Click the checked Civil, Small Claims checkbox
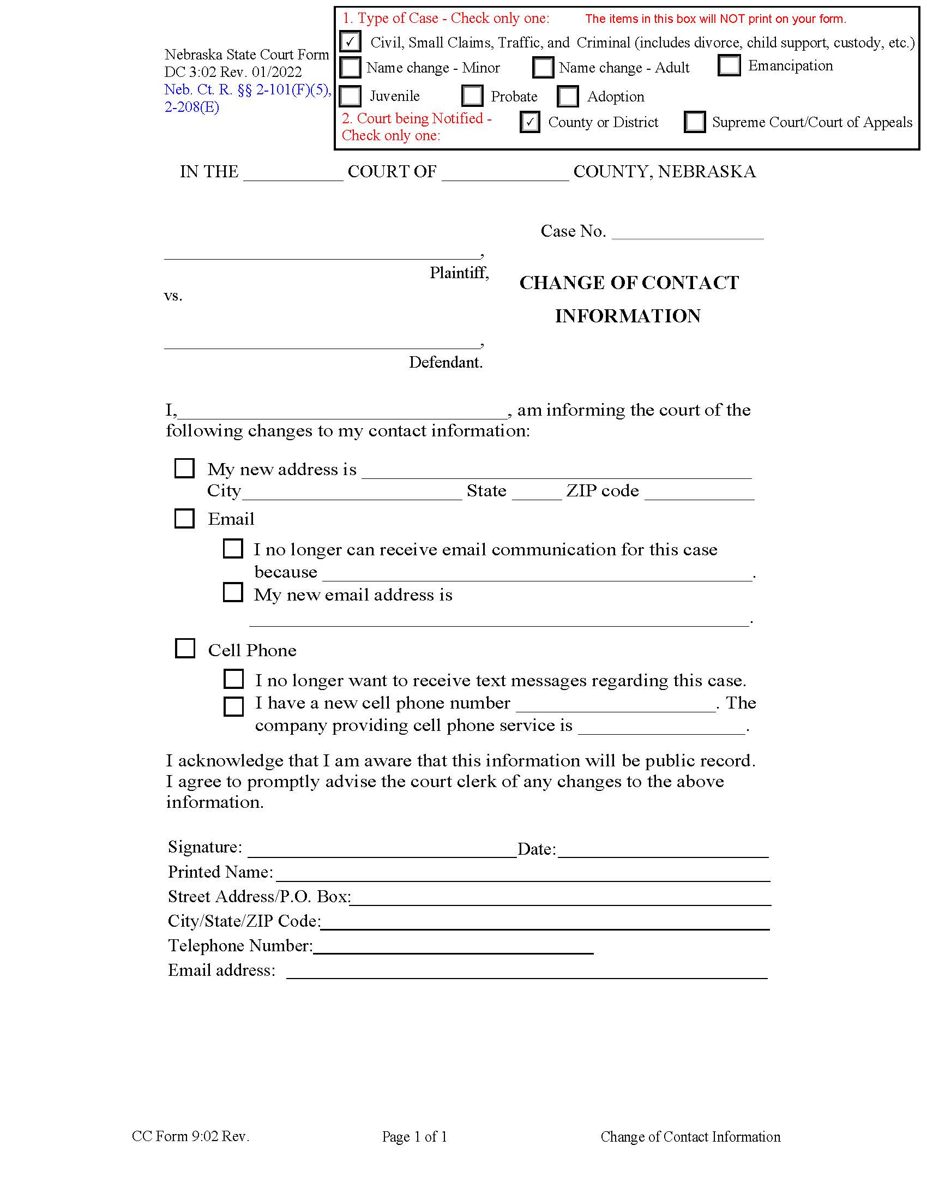350,42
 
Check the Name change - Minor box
350,68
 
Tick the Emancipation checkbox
729,65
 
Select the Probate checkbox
472,95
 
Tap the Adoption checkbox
567,96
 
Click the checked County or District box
529,122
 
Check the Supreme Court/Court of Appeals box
694,122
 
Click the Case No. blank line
687,233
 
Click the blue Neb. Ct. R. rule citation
247,98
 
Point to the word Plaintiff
459,273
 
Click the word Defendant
446,362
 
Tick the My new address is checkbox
184,469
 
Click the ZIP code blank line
699,494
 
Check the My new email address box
233,592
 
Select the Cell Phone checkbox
184,649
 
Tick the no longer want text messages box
233,679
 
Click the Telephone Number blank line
453,948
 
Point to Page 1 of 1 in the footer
414,1137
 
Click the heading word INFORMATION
628,316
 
